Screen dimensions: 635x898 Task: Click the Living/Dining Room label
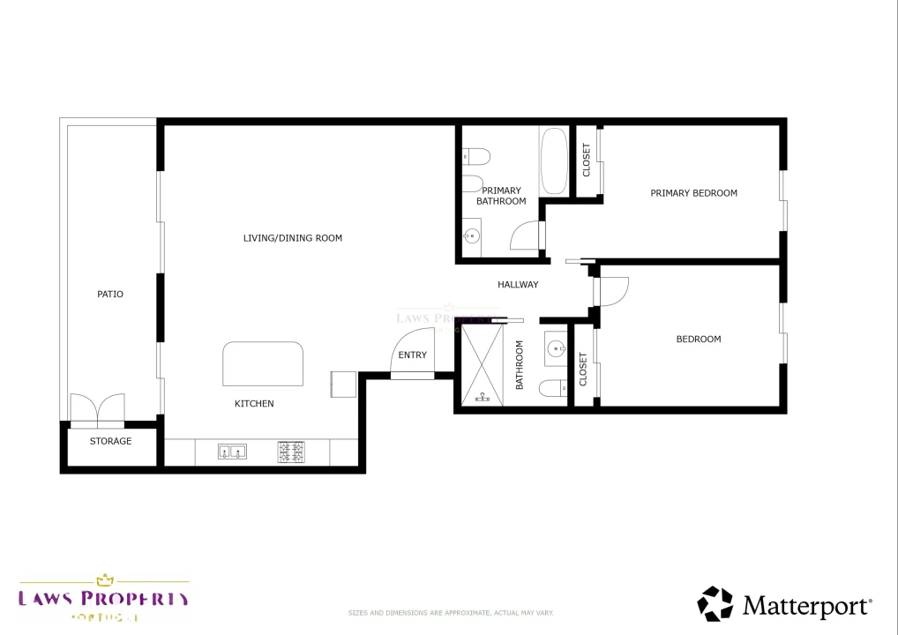293,238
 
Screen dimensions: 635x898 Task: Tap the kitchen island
264,363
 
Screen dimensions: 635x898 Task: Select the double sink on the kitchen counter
232,452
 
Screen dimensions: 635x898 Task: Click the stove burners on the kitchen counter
291,452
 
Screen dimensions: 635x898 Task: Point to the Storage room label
111,441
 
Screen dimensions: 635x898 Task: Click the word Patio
110,295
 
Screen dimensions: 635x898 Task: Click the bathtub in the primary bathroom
554,161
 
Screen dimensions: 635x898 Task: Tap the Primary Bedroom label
693,193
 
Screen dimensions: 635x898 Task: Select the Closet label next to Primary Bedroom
587,160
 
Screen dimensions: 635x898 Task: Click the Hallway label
518,285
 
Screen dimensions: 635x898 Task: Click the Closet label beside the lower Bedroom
583,370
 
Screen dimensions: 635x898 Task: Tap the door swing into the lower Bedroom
613,291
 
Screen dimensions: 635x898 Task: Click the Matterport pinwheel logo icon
715,604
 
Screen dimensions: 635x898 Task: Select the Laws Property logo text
104,599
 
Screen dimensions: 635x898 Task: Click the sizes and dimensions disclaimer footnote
451,612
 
